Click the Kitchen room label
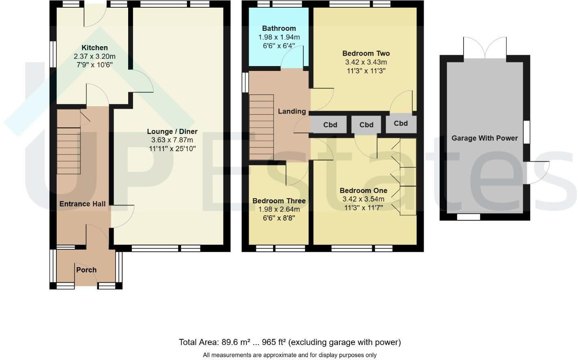pyautogui.click(x=95, y=48)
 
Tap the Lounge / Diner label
pyautogui.click(x=172, y=131)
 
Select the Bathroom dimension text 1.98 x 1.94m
pyautogui.click(x=279, y=37)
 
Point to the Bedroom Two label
pyautogui.click(x=366, y=53)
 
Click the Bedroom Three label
pyautogui.click(x=279, y=201)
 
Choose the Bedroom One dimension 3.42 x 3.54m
pyautogui.click(x=363, y=199)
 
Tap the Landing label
pyautogui.click(x=292, y=111)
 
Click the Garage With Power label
pyautogui.click(x=485, y=138)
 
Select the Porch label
pyautogui.click(x=86, y=270)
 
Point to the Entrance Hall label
pyautogui.click(x=82, y=204)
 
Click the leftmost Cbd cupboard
pyautogui.click(x=330, y=125)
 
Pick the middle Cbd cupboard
pyautogui.click(x=366, y=125)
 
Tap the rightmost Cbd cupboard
pyautogui.click(x=401, y=123)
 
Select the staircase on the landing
pyautogui.click(x=261, y=127)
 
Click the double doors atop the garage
pyautogui.click(x=485, y=48)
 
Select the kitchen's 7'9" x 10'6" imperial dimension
pyautogui.click(x=95, y=65)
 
